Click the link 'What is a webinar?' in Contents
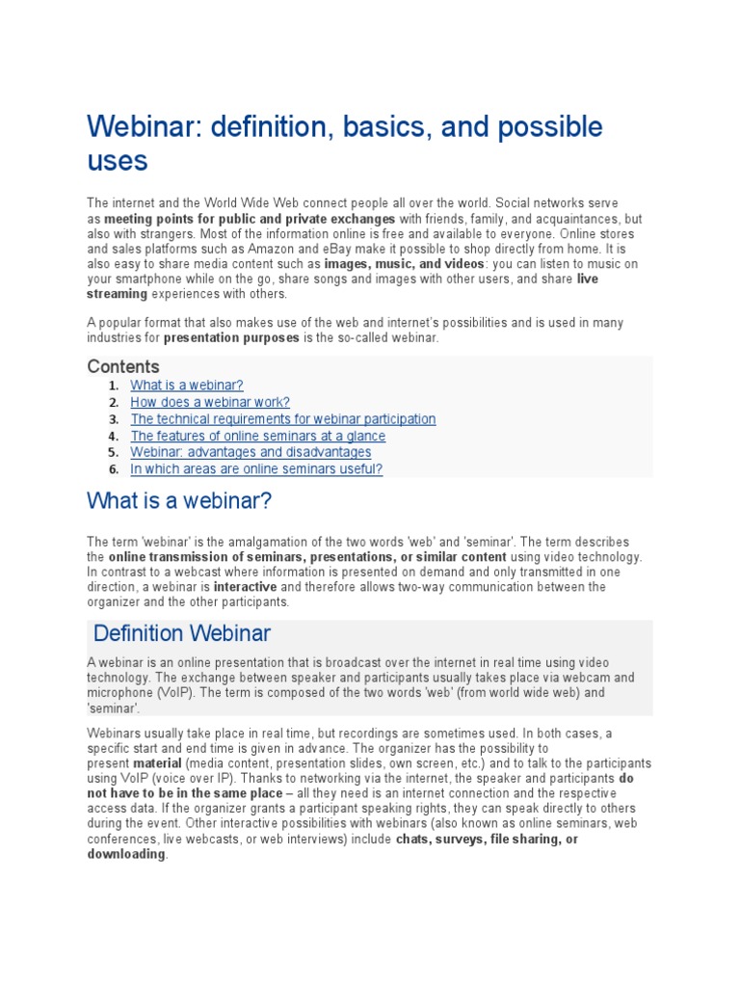click(187, 386)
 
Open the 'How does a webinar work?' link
click(210, 402)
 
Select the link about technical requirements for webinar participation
click(283, 419)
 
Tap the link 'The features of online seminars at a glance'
click(257, 436)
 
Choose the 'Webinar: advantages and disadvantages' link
click(251, 452)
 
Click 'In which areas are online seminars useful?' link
click(256, 469)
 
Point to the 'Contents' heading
click(123, 367)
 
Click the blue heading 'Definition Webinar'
click(182, 633)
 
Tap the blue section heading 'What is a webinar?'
click(180, 501)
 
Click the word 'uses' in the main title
click(118, 160)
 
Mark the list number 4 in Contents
click(113, 436)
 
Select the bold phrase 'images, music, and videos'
click(405, 263)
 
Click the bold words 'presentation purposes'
click(231, 338)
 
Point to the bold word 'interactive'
click(245, 586)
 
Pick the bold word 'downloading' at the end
click(126, 854)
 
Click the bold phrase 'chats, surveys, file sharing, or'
click(487, 839)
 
